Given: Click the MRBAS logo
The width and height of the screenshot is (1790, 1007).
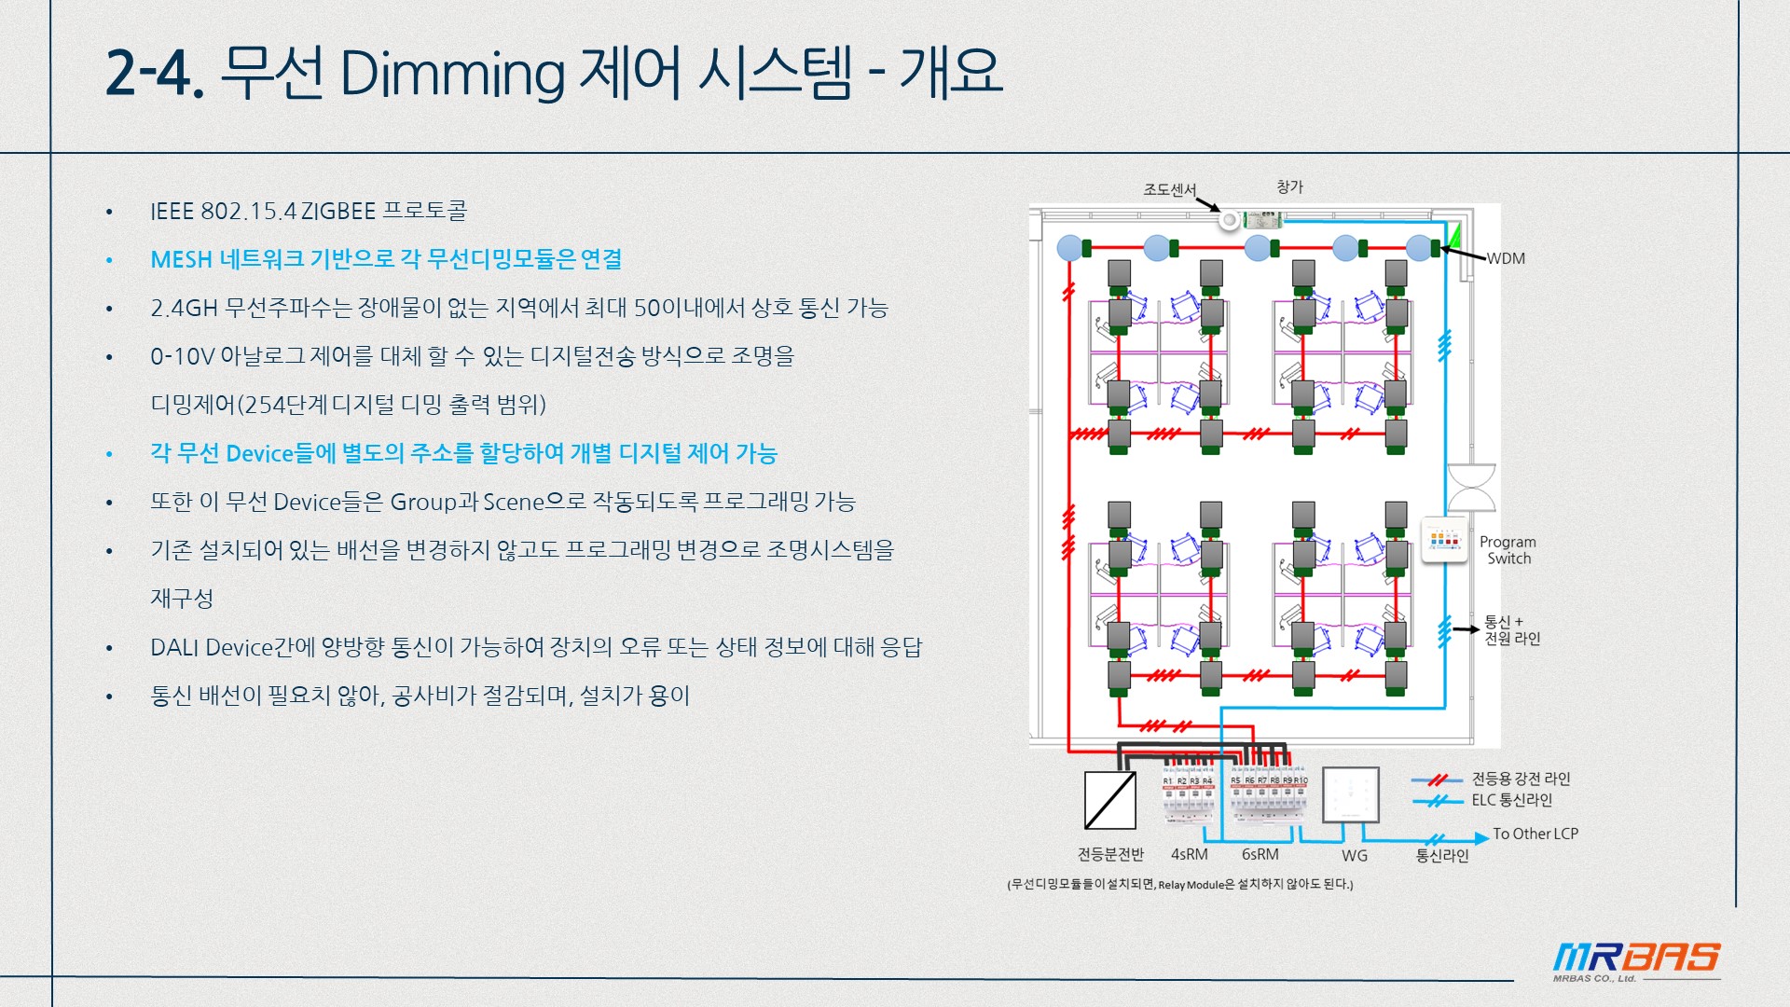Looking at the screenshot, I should [1636, 959].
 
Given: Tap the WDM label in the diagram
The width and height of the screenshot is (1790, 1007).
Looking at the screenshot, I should [1505, 258].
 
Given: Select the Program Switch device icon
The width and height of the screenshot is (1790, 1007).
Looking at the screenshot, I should [1443, 540].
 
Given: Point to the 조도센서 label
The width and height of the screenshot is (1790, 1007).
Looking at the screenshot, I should [1169, 190].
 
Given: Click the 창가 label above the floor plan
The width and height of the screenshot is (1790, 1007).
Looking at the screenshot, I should [1289, 187].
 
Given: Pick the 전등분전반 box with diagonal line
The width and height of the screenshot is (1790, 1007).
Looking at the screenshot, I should [1109, 800].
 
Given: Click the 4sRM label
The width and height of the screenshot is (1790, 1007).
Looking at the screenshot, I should [1189, 854].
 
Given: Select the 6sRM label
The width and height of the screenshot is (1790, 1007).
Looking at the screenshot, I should [1260, 854].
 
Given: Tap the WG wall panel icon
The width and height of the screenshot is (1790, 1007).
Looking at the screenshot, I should [1350, 795].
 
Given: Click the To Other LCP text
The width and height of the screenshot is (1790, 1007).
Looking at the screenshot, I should [1535, 834].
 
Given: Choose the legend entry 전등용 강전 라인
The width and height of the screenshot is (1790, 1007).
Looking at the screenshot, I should [1521, 779].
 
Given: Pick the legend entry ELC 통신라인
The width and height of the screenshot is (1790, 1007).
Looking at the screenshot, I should [1511, 800].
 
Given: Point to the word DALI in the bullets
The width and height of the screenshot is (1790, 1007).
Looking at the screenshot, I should [174, 647].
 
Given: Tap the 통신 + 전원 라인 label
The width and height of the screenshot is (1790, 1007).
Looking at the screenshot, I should [1511, 630].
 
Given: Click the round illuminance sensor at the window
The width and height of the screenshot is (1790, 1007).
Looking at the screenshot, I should [1230, 220].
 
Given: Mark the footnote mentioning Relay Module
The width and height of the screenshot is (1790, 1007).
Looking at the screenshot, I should [1179, 884].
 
